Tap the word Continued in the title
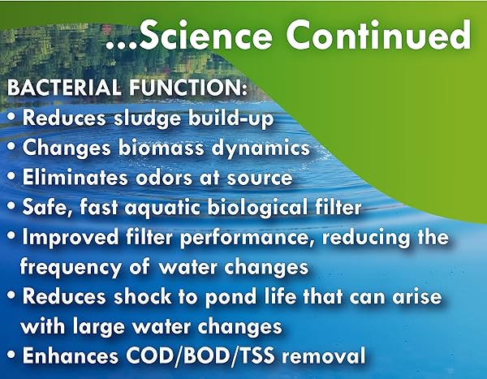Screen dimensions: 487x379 point(378,35)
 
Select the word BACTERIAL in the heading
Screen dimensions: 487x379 point(63,88)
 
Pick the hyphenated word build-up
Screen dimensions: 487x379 point(231,118)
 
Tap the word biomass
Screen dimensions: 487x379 point(162,148)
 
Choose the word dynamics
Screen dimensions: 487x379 point(261,149)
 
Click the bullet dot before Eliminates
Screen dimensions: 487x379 point(11,176)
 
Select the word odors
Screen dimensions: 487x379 point(164,178)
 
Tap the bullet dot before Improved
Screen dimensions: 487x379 point(11,236)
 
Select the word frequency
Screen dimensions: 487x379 point(71,268)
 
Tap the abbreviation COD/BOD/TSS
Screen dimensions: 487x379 point(200,355)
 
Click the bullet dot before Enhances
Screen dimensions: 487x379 point(11,355)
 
